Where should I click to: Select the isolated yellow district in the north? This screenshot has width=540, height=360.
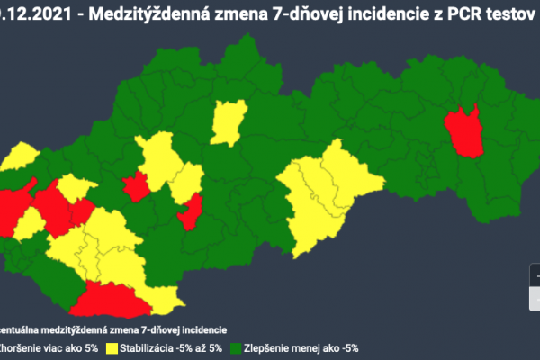(229, 121)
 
